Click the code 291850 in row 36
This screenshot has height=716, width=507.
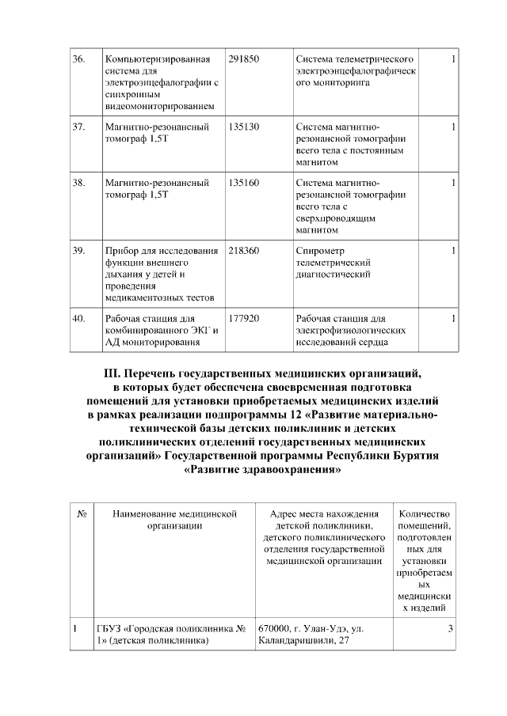tap(243, 60)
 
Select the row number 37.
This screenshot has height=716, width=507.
tap(78, 127)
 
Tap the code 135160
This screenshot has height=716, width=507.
tap(243, 183)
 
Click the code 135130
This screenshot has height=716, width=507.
tap(243, 127)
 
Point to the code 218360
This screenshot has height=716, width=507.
tap(243, 251)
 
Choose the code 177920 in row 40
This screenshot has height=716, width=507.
tap(243, 319)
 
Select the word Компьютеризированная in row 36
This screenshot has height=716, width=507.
tap(158, 60)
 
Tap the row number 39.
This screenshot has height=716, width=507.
tap(78, 251)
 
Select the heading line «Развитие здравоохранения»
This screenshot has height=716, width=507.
tap(262, 470)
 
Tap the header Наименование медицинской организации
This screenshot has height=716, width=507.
tap(175, 520)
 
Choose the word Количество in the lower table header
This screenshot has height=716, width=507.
tap(425, 514)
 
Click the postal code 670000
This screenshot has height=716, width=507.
tap(276, 629)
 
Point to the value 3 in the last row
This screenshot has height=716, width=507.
tap(450, 629)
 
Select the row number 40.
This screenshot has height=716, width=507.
tap(78, 319)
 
